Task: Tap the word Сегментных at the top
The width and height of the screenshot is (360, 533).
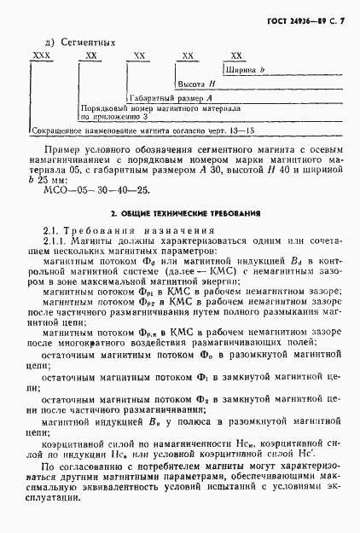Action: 85,41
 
